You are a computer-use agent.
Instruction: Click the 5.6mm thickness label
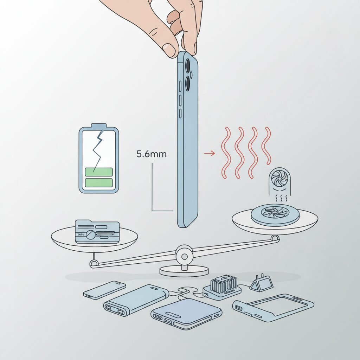pyautogui.click(x=151, y=154)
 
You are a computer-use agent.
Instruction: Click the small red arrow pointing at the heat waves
pyautogui.click(x=210, y=153)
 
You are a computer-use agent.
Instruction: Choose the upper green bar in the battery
pyautogui.click(x=99, y=172)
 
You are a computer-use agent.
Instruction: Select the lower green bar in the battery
pyautogui.click(x=99, y=182)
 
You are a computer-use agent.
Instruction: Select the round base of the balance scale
pyautogui.click(x=184, y=271)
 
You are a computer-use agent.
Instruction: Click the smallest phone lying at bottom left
pyautogui.click(x=104, y=290)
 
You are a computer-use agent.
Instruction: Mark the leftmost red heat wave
pyautogui.click(x=226, y=153)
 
